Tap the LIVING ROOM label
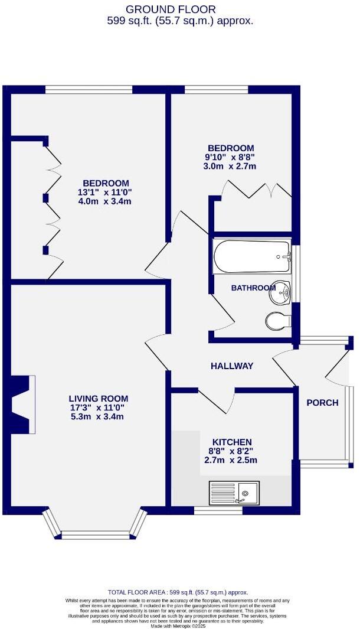[98, 399]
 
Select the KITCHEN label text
[232, 442]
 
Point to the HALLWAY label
[232, 366]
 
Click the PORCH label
[322, 403]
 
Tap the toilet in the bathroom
[277, 321]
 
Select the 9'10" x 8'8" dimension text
[231, 158]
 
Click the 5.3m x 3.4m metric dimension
[98, 417]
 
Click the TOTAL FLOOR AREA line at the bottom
[178, 592]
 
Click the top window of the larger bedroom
[89, 90]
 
